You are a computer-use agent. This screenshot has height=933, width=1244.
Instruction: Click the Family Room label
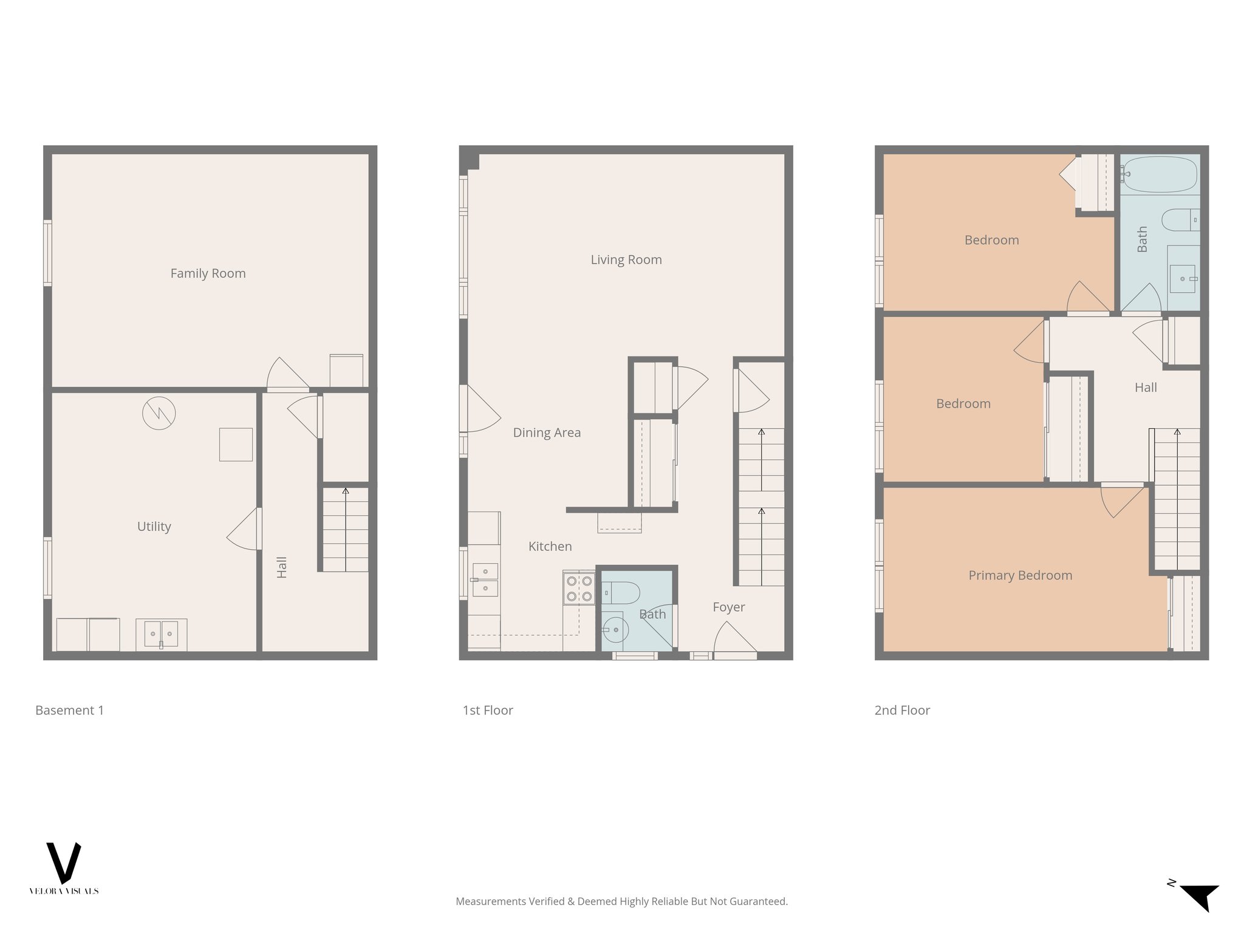coord(208,273)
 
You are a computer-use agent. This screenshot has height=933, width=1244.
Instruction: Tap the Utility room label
coord(154,527)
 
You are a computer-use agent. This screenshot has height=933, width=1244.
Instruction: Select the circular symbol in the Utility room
coord(159,414)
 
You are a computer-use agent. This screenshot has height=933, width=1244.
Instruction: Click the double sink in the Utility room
coord(161,634)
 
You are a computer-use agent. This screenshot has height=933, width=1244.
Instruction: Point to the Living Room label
coord(626,260)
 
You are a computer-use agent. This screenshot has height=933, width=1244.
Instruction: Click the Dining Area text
coord(547,432)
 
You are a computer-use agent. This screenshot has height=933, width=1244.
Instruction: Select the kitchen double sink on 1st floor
coord(485,579)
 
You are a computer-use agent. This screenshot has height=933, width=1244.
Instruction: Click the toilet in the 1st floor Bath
coord(620,592)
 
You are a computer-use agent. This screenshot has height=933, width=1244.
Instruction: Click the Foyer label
coord(728,607)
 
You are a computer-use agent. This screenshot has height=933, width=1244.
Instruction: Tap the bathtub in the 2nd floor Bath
coord(1159,174)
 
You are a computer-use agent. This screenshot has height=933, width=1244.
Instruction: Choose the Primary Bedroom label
coord(1020,575)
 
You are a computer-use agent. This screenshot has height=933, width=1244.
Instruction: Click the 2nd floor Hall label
coord(1146,388)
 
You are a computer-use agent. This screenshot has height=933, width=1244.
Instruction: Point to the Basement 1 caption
coord(69,710)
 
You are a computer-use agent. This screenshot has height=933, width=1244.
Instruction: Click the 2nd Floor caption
coord(902,710)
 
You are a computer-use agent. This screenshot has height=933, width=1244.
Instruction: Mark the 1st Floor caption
coord(488,710)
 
